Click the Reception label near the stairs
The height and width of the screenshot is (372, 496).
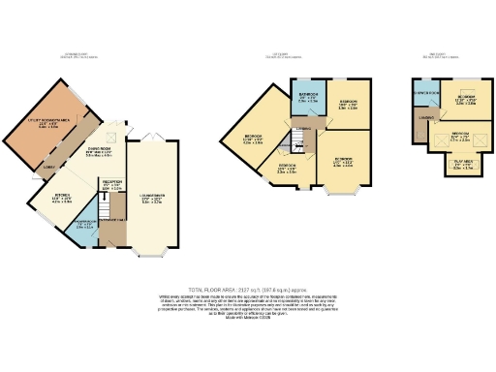coord(113,187)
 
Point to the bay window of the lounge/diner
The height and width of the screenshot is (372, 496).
coord(146,256)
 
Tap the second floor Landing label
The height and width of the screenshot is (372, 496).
coord(424,120)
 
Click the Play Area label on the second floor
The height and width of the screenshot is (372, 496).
coord(457,165)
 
